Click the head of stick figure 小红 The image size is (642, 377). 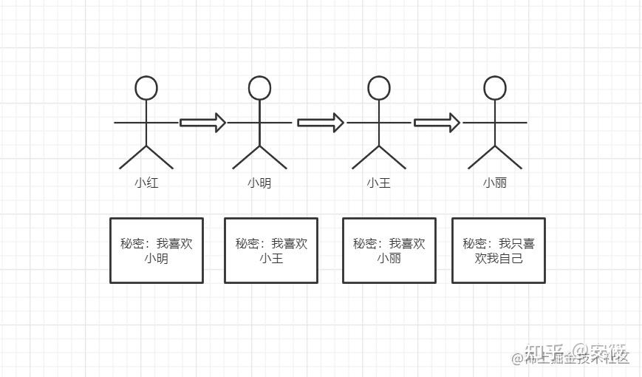146,88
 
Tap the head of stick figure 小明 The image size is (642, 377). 259,88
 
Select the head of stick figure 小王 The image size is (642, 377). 379,88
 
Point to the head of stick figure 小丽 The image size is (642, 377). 495,88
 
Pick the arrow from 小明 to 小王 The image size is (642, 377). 320,123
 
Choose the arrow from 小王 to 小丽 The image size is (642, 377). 437,123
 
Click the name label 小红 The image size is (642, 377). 146,183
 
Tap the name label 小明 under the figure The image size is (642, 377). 259,183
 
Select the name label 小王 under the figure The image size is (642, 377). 379,183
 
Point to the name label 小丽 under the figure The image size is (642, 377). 495,183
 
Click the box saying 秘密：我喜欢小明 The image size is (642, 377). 157,250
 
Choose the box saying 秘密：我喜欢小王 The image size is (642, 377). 271,250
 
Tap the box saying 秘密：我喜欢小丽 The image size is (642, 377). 389,250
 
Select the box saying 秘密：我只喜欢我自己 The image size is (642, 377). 499,250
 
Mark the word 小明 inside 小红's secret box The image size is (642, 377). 157,259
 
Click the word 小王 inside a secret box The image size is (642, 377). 271,259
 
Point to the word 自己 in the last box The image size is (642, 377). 511,259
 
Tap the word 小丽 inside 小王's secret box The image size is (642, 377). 389,259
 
